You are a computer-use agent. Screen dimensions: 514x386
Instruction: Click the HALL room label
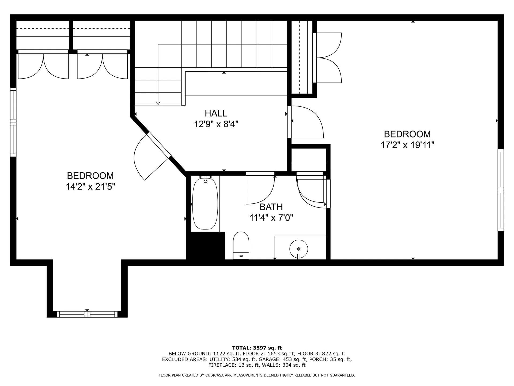[216, 113]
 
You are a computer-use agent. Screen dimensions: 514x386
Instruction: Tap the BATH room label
[271, 207]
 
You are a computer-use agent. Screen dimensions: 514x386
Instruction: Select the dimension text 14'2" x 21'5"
[90, 187]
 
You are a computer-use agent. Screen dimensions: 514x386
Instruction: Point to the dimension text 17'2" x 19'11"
[407, 145]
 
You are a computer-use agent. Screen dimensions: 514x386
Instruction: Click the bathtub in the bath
[205, 204]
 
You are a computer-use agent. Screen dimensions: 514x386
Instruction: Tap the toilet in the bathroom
[241, 246]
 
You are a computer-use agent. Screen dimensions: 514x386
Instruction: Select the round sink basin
[299, 249]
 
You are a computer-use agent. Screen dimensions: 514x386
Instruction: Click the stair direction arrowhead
[158, 103]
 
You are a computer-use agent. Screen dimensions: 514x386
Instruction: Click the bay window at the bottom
[87, 314]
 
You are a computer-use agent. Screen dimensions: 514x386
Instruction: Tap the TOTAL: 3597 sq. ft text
[257, 348]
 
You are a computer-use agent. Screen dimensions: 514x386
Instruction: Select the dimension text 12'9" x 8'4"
[216, 124]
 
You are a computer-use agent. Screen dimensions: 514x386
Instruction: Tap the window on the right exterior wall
[501, 190]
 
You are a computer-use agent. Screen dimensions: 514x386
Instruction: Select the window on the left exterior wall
[13, 122]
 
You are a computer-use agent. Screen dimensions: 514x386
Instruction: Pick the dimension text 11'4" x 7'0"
[271, 218]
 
